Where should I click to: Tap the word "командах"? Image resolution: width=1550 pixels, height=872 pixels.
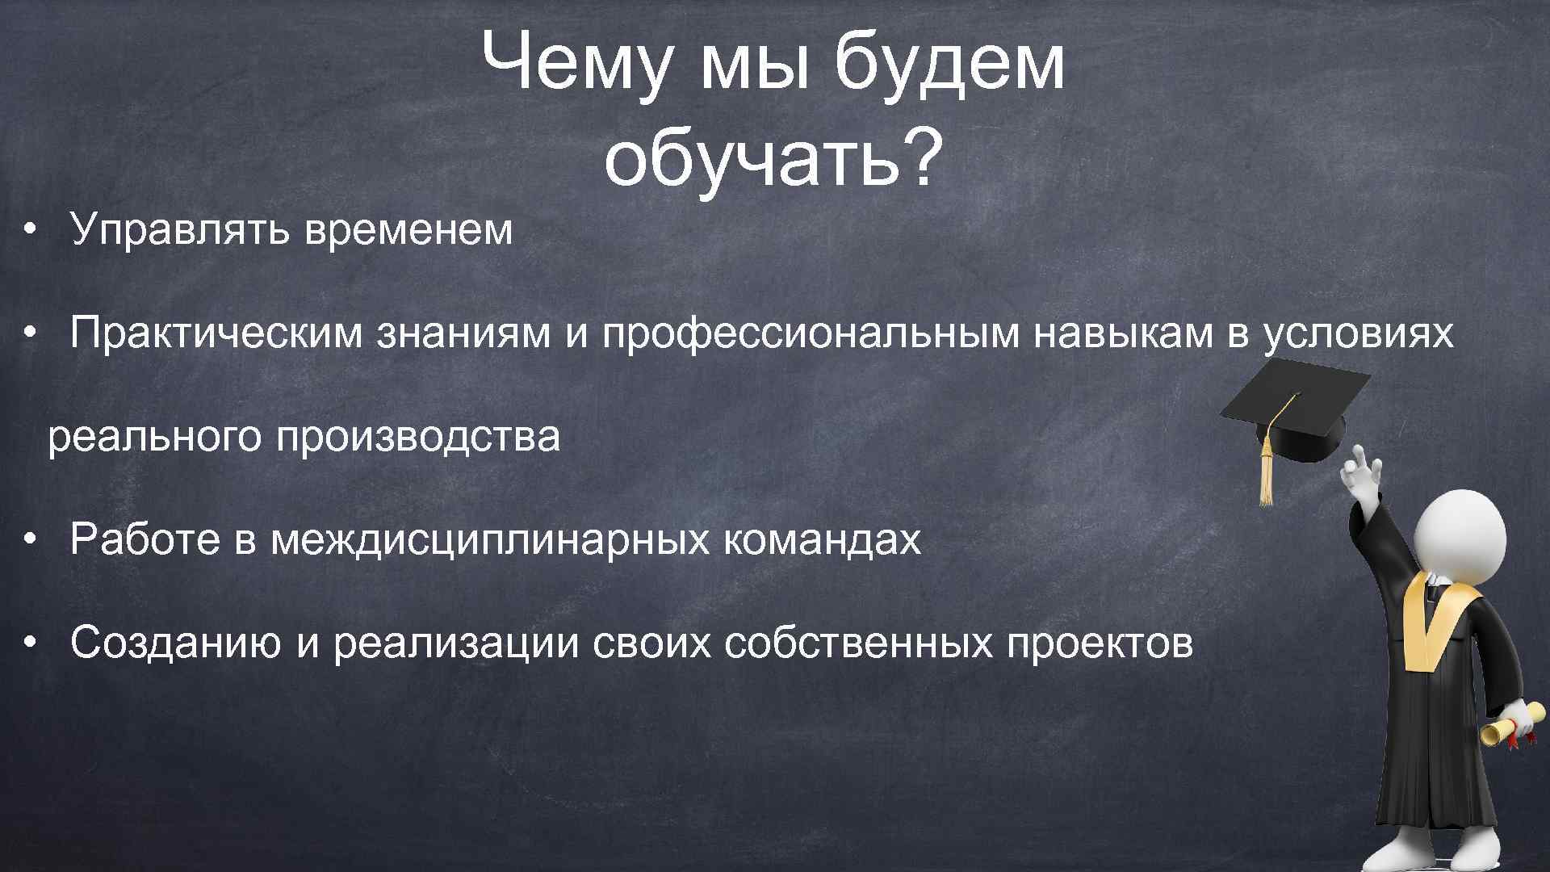tap(822, 539)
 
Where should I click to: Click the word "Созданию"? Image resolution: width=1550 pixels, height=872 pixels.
tap(178, 643)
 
